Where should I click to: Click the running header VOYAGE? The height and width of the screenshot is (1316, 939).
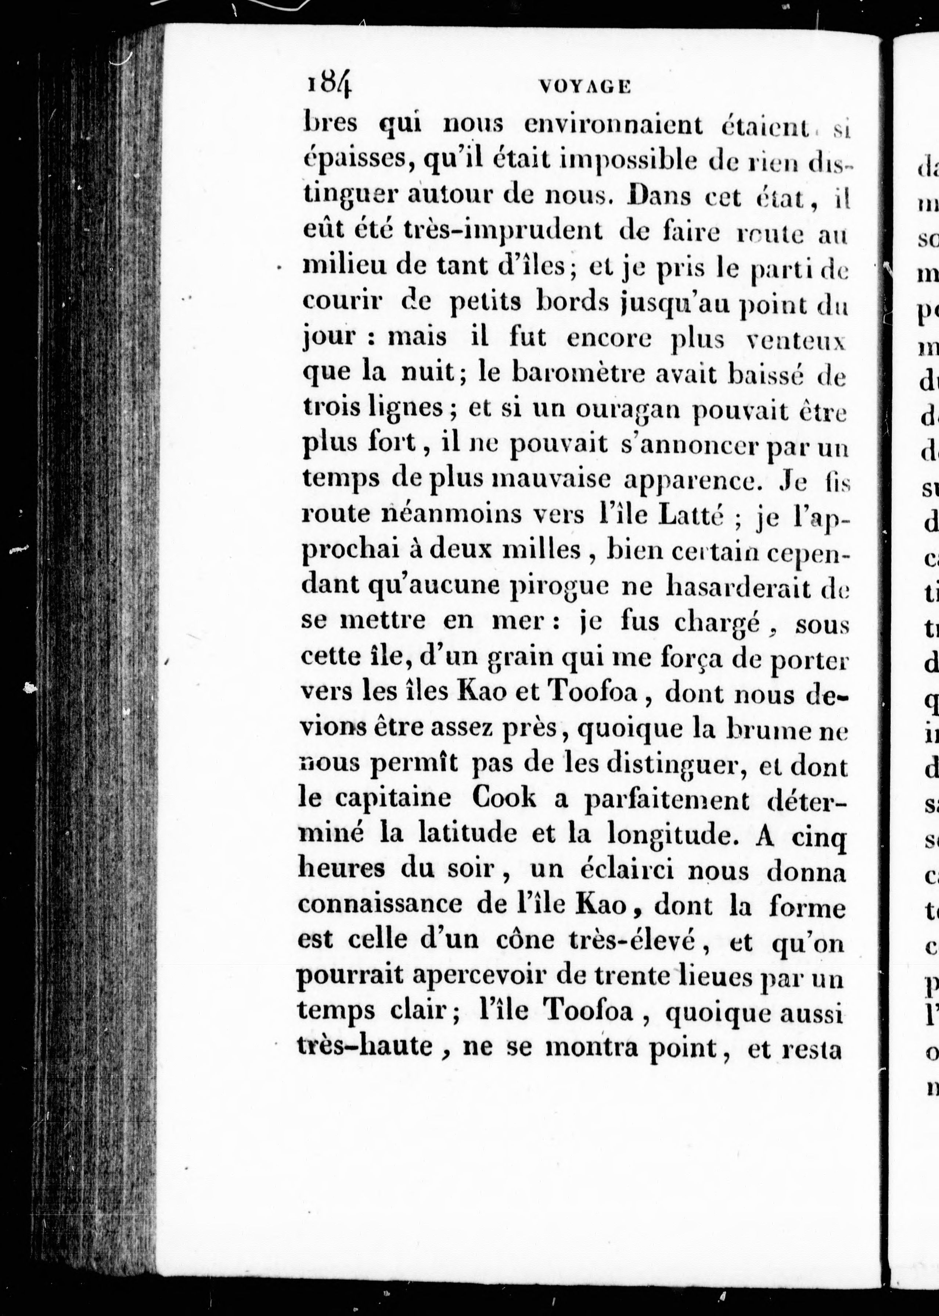tap(584, 87)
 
